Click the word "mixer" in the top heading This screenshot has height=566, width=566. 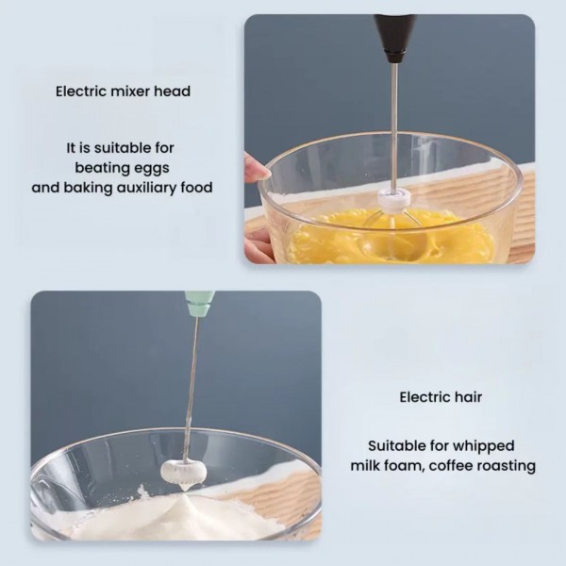pyautogui.click(x=131, y=92)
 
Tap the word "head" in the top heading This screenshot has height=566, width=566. pyautogui.click(x=173, y=92)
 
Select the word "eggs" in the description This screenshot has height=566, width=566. pyautogui.click(x=155, y=169)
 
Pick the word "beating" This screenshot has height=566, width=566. pyautogui.click(x=106, y=169)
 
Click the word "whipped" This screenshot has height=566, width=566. pyautogui.click(x=484, y=446)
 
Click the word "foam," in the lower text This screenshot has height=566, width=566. pyautogui.click(x=402, y=466)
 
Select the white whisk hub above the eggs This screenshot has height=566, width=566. pyautogui.click(x=394, y=199)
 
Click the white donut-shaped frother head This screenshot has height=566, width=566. pyautogui.click(x=183, y=470)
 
